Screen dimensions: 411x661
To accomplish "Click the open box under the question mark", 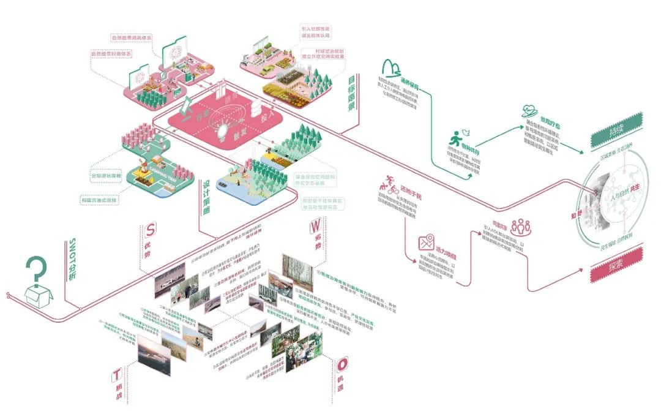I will [x=38, y=297].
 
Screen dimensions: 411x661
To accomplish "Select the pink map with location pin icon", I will [x=426, y=243].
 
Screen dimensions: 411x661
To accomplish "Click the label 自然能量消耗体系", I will [x=131, y=38].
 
